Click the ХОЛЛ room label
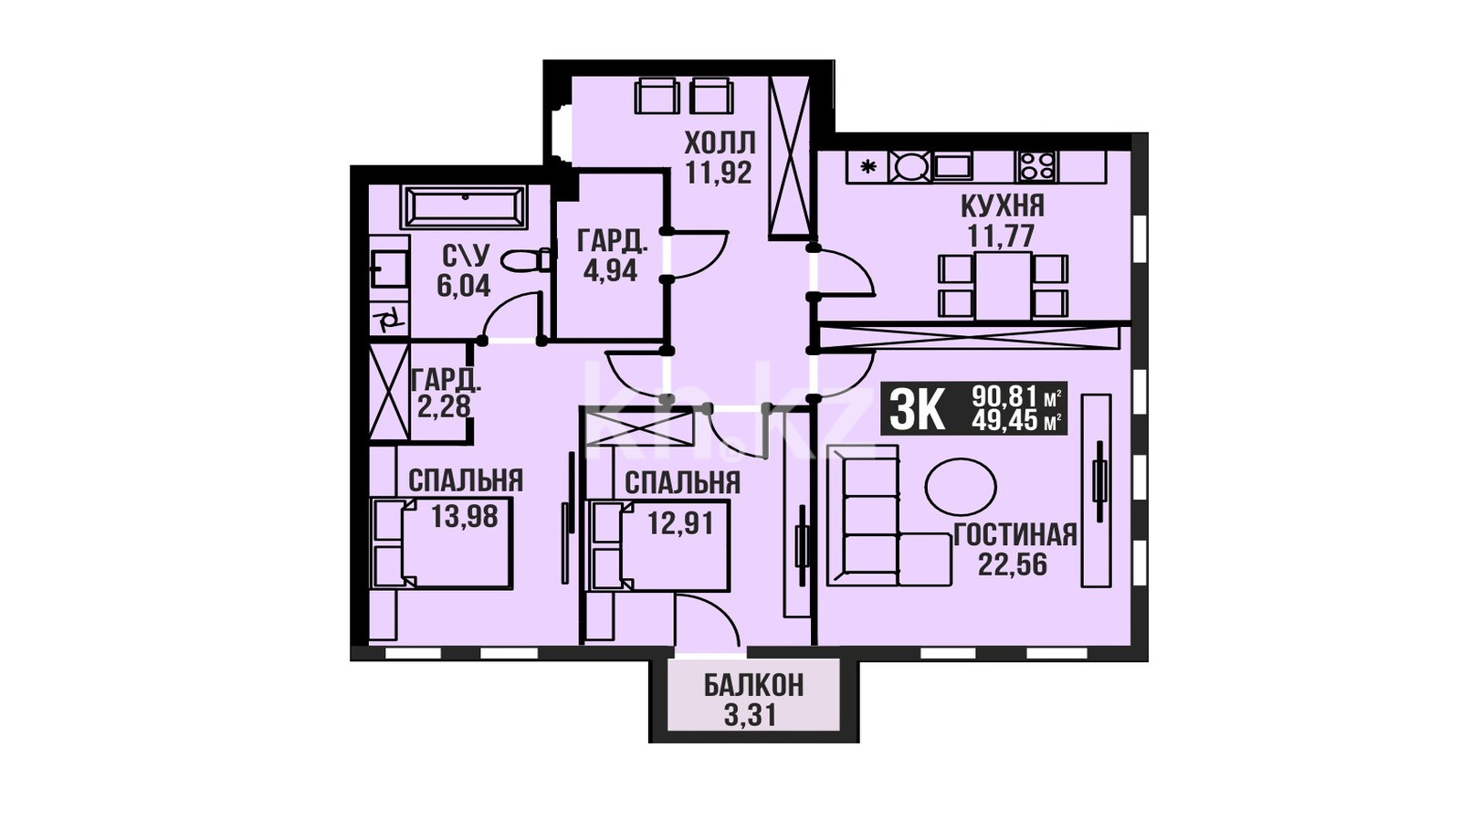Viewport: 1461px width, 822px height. [720, 142]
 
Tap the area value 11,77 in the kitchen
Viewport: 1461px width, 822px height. [1001, 236]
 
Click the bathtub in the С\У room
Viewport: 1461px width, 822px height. [466, 206]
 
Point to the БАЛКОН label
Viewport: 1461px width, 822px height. [753, 686]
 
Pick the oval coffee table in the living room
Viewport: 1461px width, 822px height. [961, 488]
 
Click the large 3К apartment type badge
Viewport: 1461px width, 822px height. [917, 408]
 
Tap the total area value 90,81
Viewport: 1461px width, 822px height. [1004, 395]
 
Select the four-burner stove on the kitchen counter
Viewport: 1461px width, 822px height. [1036, 165]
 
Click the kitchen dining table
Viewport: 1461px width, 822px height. [1004, 286]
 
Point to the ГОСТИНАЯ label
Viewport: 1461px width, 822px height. [1014, 535]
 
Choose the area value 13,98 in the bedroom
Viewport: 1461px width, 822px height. [465, 517]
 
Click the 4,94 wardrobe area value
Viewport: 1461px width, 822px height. [611, 269]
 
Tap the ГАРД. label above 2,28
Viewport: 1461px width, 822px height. [447, 380]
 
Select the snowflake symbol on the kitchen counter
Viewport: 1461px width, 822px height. [867, 166]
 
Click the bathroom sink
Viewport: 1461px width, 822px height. [389, 269]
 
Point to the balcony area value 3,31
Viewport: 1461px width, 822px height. [751, 716]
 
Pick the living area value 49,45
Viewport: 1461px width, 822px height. [1004, 421]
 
